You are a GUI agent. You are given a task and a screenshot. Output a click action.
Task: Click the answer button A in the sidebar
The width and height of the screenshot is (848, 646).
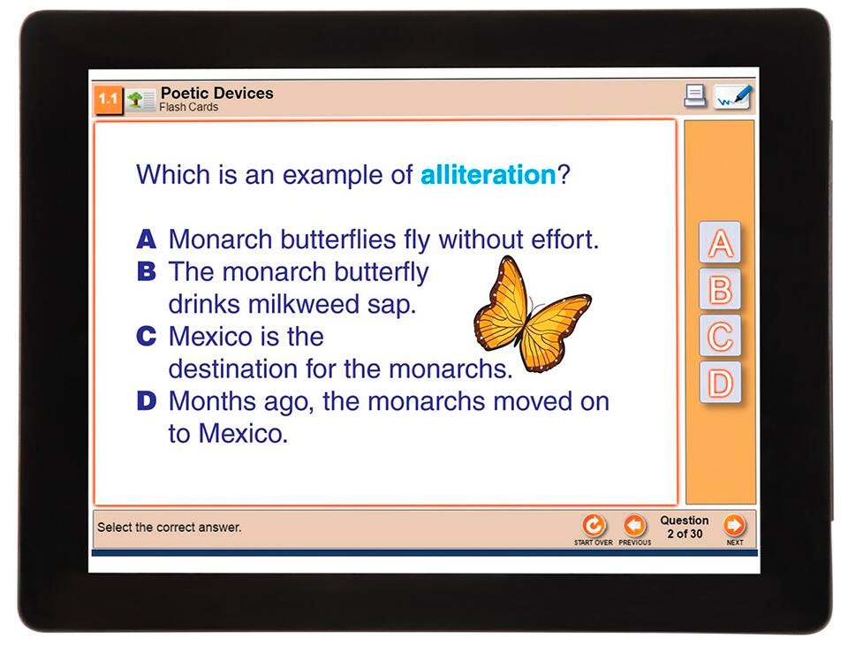(x=720, y=242)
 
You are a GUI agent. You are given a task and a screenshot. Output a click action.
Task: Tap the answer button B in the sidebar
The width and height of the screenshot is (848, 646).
(x=720, y=290)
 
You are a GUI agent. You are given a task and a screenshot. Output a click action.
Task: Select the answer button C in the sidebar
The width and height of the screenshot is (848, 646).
(x=720, y=336)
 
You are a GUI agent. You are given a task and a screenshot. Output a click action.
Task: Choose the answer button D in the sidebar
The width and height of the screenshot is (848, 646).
(x=720, y=383)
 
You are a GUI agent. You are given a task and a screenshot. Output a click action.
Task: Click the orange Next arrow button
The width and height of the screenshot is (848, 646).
(x=734, y=525)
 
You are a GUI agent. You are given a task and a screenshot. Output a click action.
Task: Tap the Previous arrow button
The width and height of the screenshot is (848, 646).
(x=634, y=525)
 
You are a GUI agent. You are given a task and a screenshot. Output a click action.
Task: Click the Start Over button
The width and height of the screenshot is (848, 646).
(x=594, y=525)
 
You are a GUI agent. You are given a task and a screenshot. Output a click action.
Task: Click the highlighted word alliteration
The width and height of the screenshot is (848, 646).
(x=488, y=175)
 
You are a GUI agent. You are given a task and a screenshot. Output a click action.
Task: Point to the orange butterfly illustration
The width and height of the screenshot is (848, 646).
(x=532, y=313)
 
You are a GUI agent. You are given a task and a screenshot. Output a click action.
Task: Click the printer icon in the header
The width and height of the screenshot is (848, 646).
(x=695, y=96)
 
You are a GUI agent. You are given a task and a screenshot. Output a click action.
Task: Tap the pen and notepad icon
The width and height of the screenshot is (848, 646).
(x=733, y=97)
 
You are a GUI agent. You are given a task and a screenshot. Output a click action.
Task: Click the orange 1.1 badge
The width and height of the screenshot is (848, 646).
(x=108, y=100)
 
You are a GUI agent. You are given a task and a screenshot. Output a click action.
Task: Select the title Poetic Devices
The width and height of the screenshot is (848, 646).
(x=217, y=93)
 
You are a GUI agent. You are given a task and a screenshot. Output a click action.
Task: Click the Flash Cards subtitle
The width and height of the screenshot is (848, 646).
(x=189, y=107)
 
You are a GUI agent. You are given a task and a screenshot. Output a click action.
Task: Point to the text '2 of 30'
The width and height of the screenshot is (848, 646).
(x=685, y=534)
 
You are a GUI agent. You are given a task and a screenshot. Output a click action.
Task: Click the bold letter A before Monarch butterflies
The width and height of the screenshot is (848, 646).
(x=146, y=239)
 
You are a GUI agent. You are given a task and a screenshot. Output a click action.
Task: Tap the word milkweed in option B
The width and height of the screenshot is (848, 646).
(x=304, y=304)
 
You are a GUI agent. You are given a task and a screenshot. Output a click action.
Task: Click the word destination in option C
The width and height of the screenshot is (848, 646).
(x=233, y=369)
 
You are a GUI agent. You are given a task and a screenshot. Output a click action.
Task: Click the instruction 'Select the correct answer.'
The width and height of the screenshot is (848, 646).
(x=170, y=527)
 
